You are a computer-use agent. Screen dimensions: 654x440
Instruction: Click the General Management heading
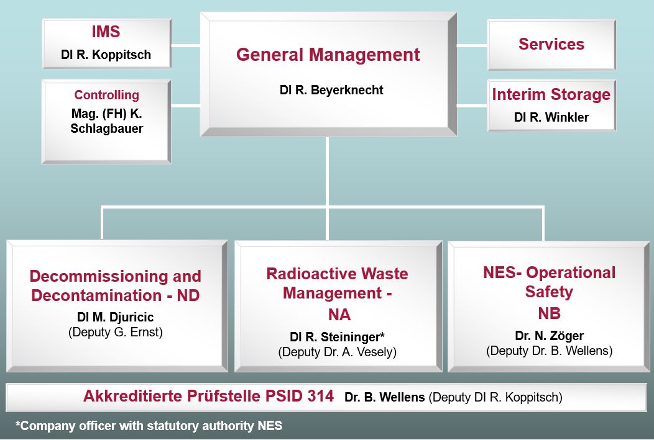pyautogui.click(x=328, y=55)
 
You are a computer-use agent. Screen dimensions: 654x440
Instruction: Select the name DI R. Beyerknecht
pyautogui.click(x=331, y=90)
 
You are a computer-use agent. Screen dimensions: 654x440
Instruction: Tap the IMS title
pyautogui.click(x=106, y=32)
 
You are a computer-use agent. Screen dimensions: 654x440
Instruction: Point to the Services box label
pyautogui.click(x=551, y=44)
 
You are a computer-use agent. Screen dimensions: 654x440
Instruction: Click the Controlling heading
pyautogui.click(x=107, y=95)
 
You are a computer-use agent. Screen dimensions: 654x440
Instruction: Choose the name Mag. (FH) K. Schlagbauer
pyautogui.click(x=107, y=121)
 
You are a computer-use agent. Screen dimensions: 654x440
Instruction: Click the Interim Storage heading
pyautogui.click(x=551, y=94)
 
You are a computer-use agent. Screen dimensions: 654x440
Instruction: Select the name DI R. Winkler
pyautogui.click(x=551, y=117)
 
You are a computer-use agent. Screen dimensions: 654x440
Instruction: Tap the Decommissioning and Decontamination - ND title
pyautogui.click(x=115, y=285)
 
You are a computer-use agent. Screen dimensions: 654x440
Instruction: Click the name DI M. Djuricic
pyautogui.click(x=116, y=317)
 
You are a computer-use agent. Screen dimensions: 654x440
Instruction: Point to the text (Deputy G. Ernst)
pyautogui.click(x=116, y=332)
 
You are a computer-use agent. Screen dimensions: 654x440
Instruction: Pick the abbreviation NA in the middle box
pyautogui.click(x=339, y=315)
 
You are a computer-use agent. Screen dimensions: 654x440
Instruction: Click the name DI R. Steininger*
pyautogui.click(x=337, y=337)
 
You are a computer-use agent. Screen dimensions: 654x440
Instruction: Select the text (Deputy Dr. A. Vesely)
pyautogui.click(x=337, y=352)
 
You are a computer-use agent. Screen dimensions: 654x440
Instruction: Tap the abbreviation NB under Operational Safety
pyautogui.click(x=549, y=313)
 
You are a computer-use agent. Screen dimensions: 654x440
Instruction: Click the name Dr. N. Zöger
pyautogui.click(x=549, y=336)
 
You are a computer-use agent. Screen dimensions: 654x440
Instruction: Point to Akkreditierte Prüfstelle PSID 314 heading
pyautogui.click(x=208, y=396)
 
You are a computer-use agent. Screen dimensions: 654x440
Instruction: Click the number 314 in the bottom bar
pyautogui.click(x=321, y=395)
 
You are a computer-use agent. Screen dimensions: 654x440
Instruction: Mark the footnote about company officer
pyautogui.click(x=149, y=426)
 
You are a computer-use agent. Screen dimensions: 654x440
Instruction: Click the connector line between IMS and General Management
pyautogui.click(x=186, y=45)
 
